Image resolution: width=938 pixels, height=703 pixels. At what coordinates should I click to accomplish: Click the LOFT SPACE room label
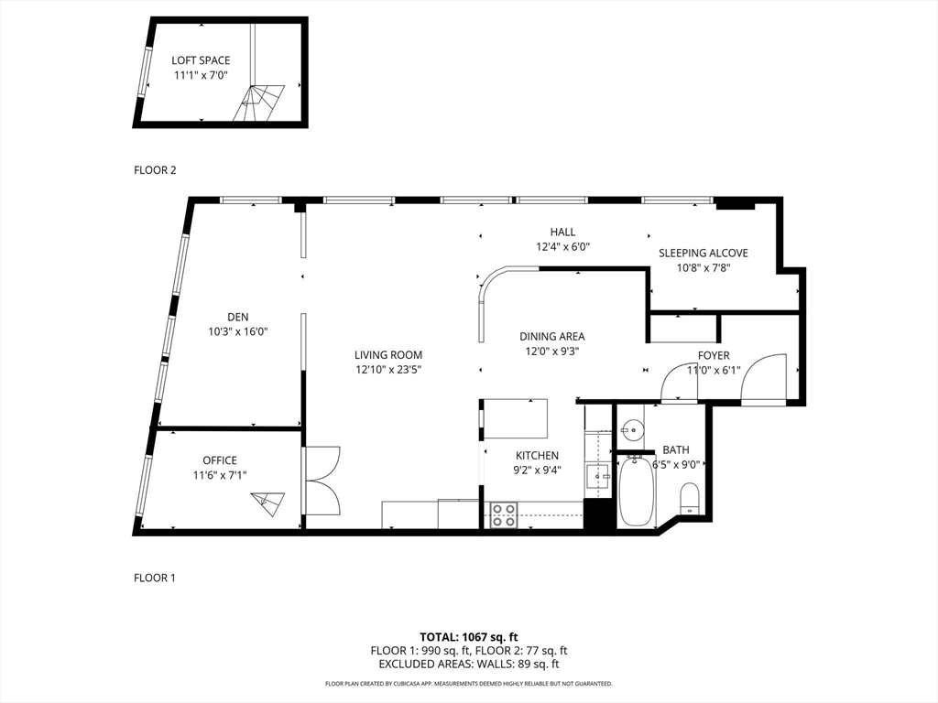click(201, 60)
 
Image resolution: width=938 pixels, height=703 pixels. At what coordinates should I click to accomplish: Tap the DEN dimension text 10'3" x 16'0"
click(237, 331)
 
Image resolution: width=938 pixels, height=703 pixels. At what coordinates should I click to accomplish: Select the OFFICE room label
click(220, 460)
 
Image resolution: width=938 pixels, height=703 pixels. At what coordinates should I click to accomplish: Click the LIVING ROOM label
click(388, 355)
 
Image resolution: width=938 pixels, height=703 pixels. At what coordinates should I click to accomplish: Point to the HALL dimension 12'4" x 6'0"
click(563, 246)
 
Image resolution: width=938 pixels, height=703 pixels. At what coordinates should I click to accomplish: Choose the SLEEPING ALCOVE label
click(703, 253)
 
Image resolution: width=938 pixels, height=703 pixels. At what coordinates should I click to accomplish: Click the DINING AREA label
click(552, 337)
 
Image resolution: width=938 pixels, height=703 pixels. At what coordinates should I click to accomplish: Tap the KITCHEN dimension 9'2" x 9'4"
click(537, 470)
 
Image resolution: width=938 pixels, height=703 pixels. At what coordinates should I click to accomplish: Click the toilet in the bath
click(691, 499)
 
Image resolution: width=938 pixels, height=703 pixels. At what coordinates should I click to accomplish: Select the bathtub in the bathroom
click(637, 492)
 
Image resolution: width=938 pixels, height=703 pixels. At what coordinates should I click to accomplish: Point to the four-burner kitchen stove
click(504, 515)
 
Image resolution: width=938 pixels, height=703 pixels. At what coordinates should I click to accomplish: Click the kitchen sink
click(598, 476)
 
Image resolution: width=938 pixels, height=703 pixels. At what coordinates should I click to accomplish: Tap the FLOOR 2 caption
click(155, 170)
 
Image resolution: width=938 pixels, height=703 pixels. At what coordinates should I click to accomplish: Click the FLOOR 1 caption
click(155, 579)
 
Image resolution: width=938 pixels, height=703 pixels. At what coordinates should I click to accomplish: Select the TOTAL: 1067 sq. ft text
click(468, 637)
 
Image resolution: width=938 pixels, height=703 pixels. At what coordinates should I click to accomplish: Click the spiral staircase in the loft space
click(258, 103)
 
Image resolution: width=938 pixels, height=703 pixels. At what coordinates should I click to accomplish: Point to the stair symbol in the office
click(268, 503)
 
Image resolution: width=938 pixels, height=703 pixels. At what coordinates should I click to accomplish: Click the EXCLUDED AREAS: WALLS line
click(469, 665)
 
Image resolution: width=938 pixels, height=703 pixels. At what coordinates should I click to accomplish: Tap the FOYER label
click(714, 356)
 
